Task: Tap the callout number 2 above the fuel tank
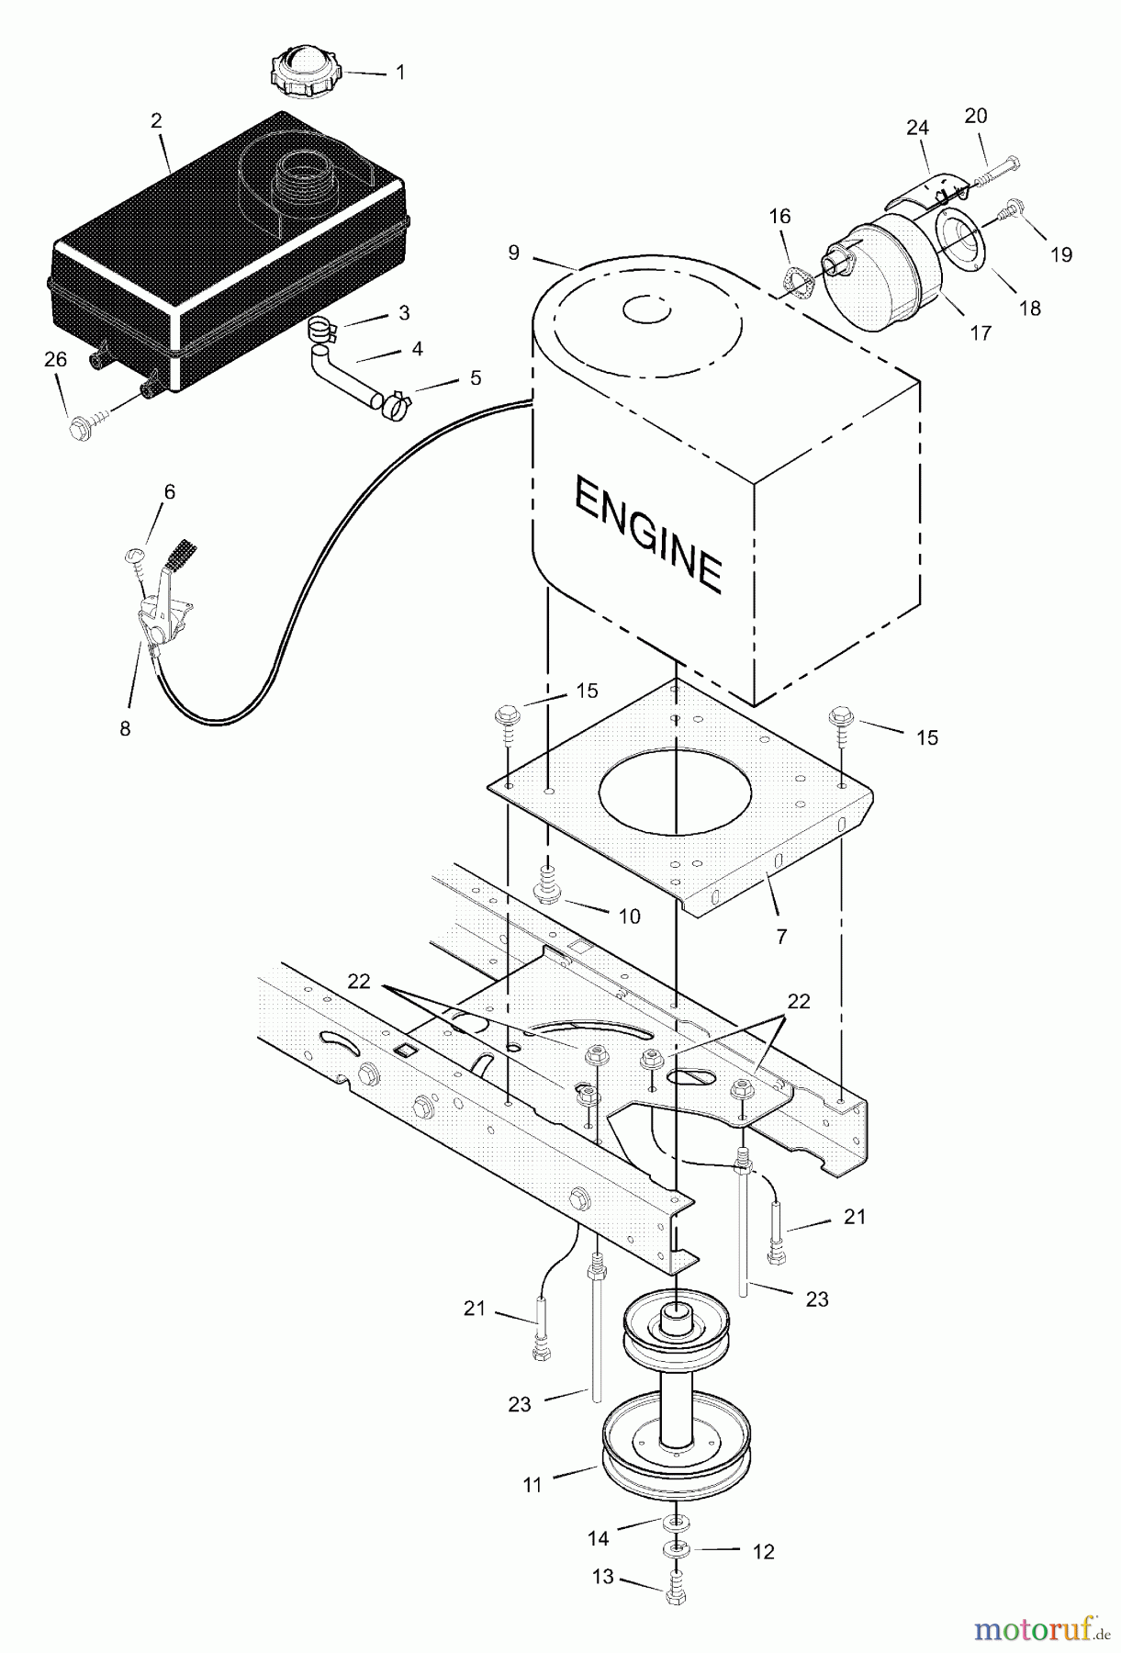point(156,120)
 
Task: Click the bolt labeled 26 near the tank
point(83,424)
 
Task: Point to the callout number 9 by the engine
point(513,251)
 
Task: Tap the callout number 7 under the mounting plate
point(781,936)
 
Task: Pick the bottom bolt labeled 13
point(674,1595)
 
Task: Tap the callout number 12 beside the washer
point(763,1552)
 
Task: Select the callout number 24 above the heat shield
point(917,128)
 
